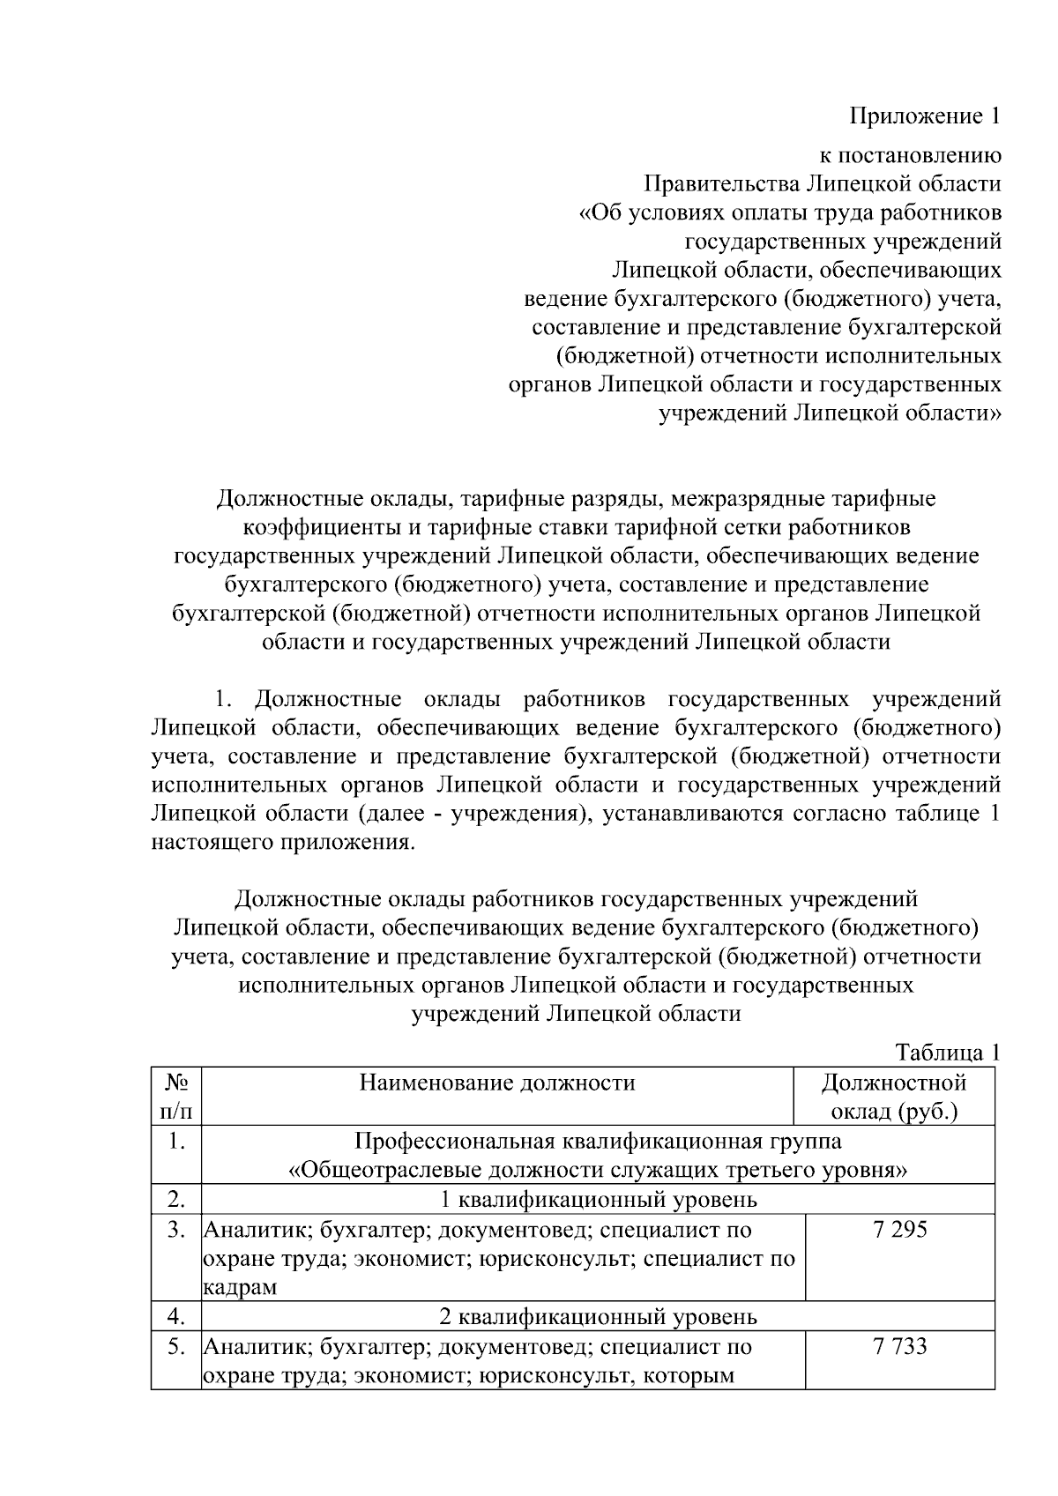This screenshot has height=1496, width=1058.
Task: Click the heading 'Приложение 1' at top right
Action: pos(925,115)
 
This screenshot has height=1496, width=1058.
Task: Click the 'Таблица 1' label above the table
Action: pos(948,1052)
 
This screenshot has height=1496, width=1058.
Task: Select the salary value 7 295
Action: pos(900,1229)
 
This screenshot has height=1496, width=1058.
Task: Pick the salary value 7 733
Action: pos(900,1346)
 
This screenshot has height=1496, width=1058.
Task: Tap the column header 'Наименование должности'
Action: pos(497,1082)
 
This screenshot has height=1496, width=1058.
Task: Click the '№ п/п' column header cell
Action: pos(176,1096)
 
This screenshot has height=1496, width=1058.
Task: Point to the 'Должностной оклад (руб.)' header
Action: pos(894,1096)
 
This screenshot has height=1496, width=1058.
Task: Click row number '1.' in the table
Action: pos(176,1141)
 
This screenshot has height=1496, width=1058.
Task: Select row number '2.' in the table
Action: pos(176,1199)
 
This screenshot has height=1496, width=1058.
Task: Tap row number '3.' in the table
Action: pos(176,1229)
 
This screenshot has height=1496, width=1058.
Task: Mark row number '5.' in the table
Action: pos(176,1346)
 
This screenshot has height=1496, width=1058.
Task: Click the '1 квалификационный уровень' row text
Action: pos(598,1199)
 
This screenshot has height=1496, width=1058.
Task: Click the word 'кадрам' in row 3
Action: pos(240,1287)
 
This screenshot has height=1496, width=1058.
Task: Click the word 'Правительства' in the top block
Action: pos(720,184)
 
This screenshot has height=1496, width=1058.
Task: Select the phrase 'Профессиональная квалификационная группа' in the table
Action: pos(598,1141)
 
